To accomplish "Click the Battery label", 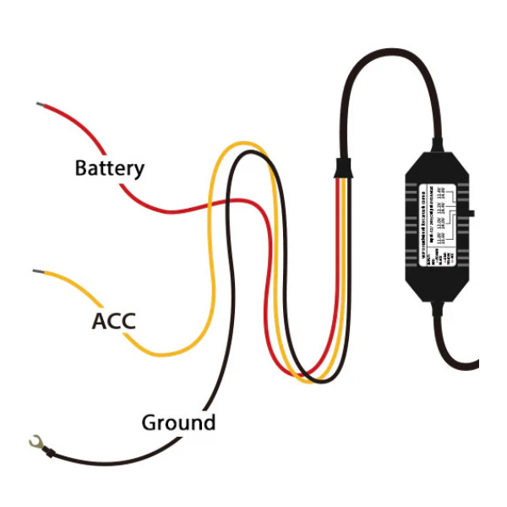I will pyautogui.click(x=109, y=168).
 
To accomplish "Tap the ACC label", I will pyautogui.click(x=113, y=321).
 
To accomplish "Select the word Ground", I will pyautogui.click(x=177, y=422).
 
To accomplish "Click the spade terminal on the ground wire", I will pyautogui.click(x=35, y=440).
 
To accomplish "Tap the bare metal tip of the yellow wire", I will pyautogui.click(x=37, y=271).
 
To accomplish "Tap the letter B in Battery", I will pyautogui.click(x=81, y=168).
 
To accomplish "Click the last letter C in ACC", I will pyautogui.click(x=127, y=321).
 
